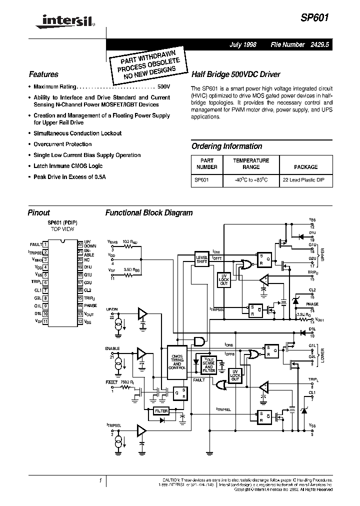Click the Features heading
click(43, 74)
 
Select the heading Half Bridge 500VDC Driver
click(236, 74)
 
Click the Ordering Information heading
click(226, 146)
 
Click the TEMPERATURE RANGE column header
click(251, 164)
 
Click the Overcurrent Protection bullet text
click(62, 144)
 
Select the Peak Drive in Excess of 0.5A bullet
click(69, 177)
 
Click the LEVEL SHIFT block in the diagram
click(201, 259)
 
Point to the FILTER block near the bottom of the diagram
click(161, 411)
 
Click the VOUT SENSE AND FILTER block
click(209, 365)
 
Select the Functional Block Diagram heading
click(148, 212)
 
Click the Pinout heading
click(39, 212)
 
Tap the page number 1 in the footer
click(100, 480)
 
